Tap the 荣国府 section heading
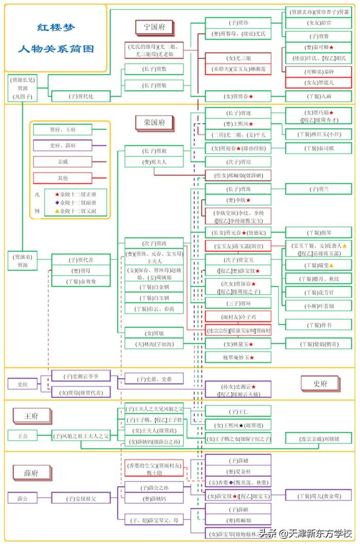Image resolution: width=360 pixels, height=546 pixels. (154, 122)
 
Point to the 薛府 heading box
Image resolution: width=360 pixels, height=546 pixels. (31, 472)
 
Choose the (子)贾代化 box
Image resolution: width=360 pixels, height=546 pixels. (81, 96)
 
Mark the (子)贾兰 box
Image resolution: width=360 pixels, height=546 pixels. (319, 189)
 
